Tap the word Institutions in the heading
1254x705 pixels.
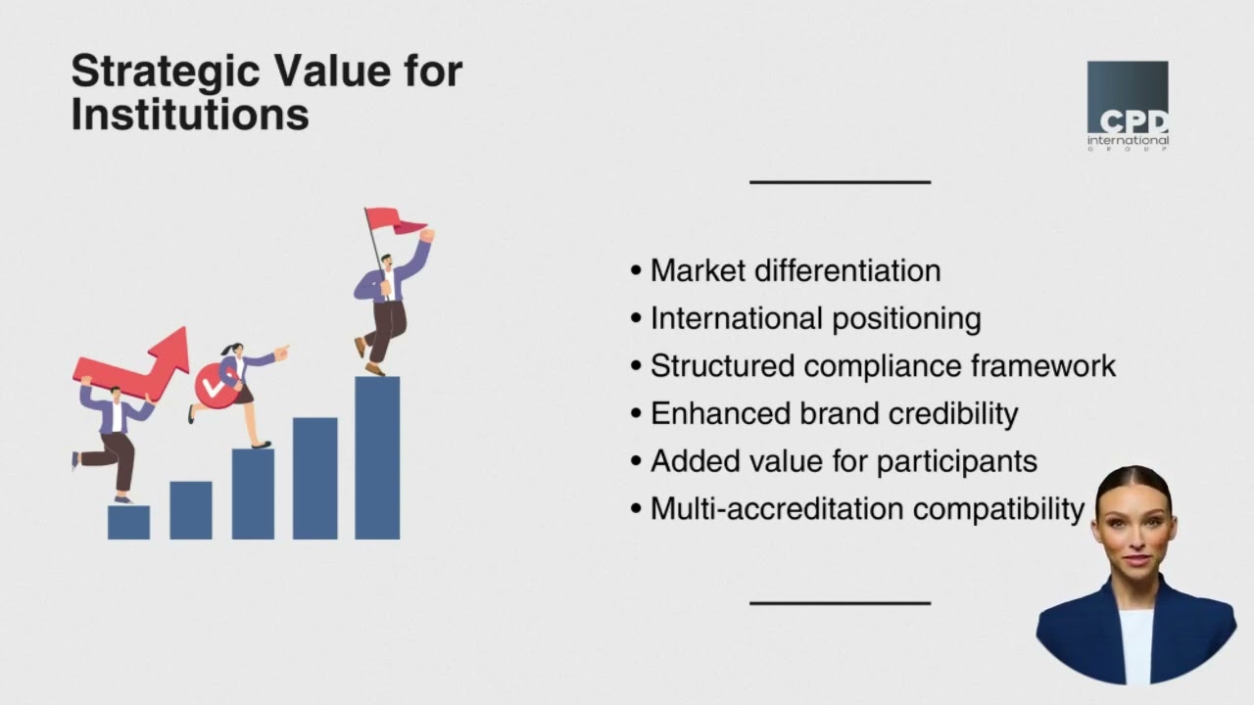[190, 115]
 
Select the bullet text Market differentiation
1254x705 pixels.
[796, 271]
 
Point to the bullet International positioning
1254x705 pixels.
[815, 318]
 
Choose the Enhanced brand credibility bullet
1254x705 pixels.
[834, 413]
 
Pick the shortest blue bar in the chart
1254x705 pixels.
[128, 522]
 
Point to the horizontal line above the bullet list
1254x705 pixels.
[840, 182]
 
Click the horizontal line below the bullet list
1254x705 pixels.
[840, 603]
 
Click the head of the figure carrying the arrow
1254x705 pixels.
[114, 394]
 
